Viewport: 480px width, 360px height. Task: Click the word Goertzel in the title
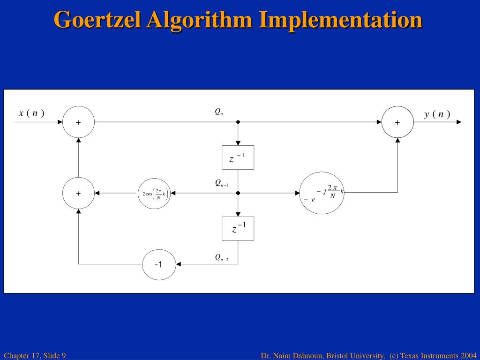97,20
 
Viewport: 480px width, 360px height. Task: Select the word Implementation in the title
341,20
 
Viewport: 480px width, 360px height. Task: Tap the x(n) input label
31,113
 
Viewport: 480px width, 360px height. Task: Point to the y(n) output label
437,114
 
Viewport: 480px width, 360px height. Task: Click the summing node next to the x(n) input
78,122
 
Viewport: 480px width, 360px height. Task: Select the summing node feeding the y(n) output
397,122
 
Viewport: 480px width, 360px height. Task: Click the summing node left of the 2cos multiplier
78,193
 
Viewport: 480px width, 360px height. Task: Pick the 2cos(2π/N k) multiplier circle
154,194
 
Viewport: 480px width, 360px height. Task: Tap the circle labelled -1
159,264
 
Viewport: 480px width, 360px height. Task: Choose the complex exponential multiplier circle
322,193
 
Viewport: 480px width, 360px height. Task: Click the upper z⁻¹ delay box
238,157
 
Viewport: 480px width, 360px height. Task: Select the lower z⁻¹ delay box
238,229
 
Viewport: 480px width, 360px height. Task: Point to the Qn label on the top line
218,112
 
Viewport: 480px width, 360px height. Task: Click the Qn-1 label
222,183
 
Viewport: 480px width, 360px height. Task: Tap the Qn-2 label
222,257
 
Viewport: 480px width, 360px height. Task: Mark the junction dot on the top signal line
238,122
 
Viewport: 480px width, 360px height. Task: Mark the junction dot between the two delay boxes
238,193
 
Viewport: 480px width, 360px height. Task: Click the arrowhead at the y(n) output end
458,122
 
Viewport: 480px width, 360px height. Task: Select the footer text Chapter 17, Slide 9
35,355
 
